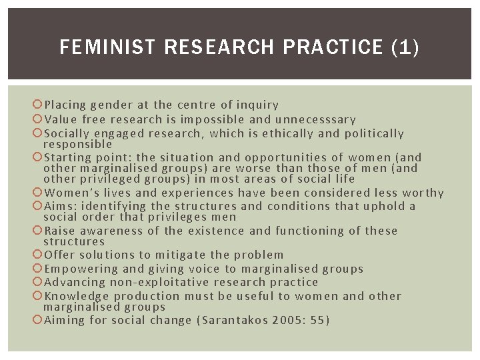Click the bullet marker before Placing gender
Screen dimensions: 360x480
[38, 105]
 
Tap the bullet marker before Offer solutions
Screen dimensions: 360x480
[38, 255]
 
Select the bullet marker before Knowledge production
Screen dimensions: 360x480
[38, 296]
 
